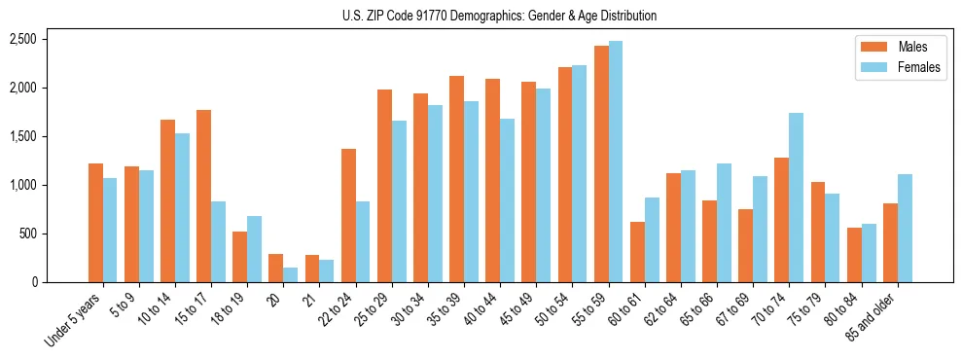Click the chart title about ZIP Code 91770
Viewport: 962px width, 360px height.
499,16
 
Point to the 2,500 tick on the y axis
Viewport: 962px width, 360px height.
22,39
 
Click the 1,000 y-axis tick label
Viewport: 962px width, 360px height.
22,185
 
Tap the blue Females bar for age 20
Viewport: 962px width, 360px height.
290,275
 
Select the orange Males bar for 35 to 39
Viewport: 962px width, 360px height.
456,179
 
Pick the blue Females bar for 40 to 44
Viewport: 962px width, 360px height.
507,200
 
